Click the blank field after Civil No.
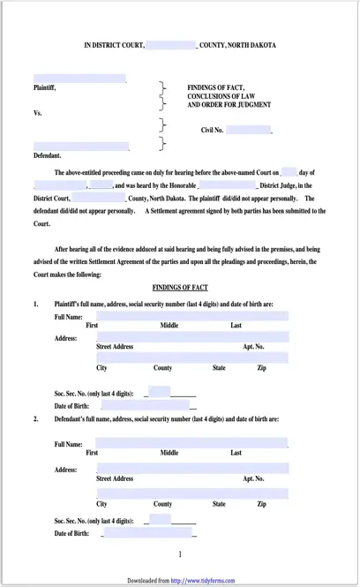[x=248, y=130]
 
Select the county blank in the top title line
[x=170, y=44]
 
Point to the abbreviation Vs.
[x=38, y=113]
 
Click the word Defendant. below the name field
[x=48, y=155]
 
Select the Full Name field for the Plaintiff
[x=191, y=316]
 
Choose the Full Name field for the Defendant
[x=191, y=442]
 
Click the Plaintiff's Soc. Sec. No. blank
[x=160, y=391]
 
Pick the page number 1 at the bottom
[x=180, y=554]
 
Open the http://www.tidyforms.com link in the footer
[x=205, y=581]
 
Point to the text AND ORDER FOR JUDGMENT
[x=229, y=105]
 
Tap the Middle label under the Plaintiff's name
[x=169, y=326]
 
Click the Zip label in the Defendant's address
[x=261, y=504]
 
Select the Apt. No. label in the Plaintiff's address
[x=253, y=347]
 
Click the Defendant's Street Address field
[x=191, y=468]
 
